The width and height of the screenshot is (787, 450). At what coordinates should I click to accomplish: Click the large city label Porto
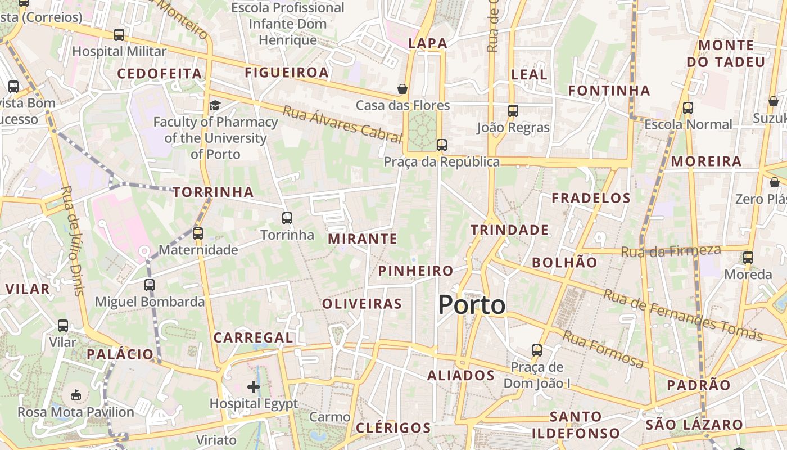point(472,305)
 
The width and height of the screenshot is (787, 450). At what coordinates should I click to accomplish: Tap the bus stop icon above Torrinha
point(287,218)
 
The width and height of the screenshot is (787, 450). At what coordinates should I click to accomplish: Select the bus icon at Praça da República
point(442,145)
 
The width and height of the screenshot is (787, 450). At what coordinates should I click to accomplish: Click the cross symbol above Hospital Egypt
point(254,386)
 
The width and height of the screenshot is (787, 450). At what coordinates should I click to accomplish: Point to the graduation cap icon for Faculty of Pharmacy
point(215,105)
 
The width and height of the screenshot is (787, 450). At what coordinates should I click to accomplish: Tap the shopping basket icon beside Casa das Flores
point(402,89)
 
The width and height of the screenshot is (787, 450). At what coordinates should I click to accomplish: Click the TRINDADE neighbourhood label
point(509,229)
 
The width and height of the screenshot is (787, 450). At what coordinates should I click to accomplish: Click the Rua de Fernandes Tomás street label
point(682,316)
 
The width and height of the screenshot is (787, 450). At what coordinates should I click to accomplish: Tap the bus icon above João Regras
point(513,111)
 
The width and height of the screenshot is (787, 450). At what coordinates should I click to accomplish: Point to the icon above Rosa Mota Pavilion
point(76,395)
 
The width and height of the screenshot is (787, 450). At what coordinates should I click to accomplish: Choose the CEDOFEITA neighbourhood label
point(159,74)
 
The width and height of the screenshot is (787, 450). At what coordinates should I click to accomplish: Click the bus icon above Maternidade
point(198,233)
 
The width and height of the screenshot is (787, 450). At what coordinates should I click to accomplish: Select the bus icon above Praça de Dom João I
point(537,350)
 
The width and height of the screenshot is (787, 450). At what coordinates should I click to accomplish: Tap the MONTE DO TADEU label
point(726,53)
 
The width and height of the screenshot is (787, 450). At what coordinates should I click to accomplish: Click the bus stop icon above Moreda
point(748,258)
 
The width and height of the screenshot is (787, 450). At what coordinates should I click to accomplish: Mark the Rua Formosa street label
point(603,349)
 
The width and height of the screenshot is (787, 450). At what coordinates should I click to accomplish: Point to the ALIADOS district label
point(461,376)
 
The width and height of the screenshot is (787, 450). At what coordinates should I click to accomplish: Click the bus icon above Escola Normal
point(688,108)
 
